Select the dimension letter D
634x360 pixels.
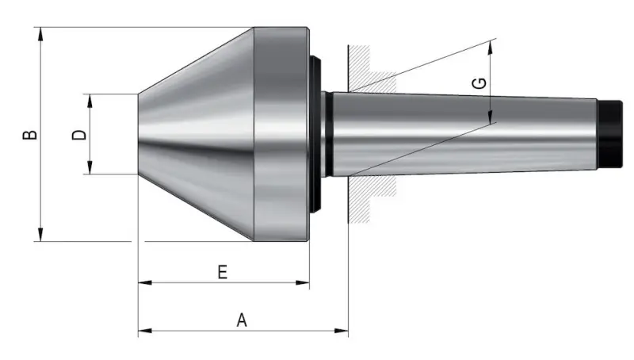(x=79, y=135)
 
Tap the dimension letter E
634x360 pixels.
(x=223, y=272)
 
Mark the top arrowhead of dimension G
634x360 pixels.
(x=491, y=46)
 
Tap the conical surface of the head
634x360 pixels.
(x=198, y=135)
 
